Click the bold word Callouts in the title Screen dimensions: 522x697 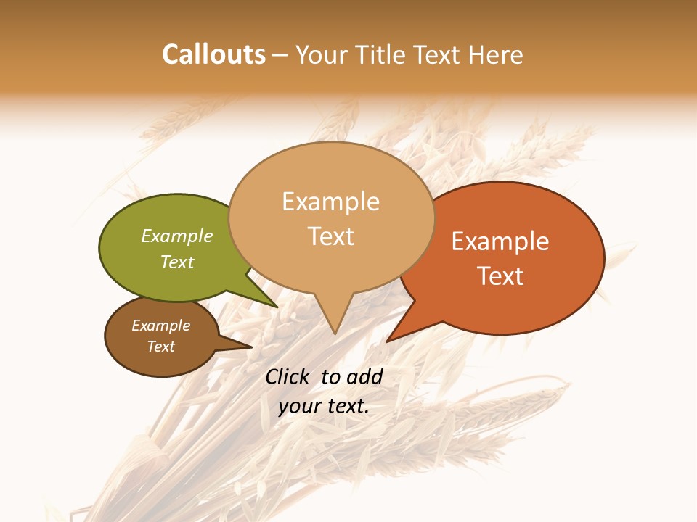click(x=213, y=54)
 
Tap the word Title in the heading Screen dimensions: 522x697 click(x=383, y=55)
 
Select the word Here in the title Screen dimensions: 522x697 click(x=495, y=55)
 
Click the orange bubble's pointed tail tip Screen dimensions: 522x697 click(x=388, y=341)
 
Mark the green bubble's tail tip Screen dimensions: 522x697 click(x=277, y=307)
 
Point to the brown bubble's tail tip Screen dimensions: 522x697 click(x=251, y=347)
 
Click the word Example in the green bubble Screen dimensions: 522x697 click(x=176, y=236)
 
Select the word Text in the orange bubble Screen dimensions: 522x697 click(x=500, y=276)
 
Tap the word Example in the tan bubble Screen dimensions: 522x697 click(x=330, y=202)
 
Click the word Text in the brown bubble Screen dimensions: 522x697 click(x=160, y=347)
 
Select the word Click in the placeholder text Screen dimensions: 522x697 click(x=287, y=376)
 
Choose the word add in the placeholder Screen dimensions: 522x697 click(x=364, y=376)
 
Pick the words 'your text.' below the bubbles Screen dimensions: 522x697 click(x=324, y=406)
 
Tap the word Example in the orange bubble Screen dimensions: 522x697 click(x=500, y=241)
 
